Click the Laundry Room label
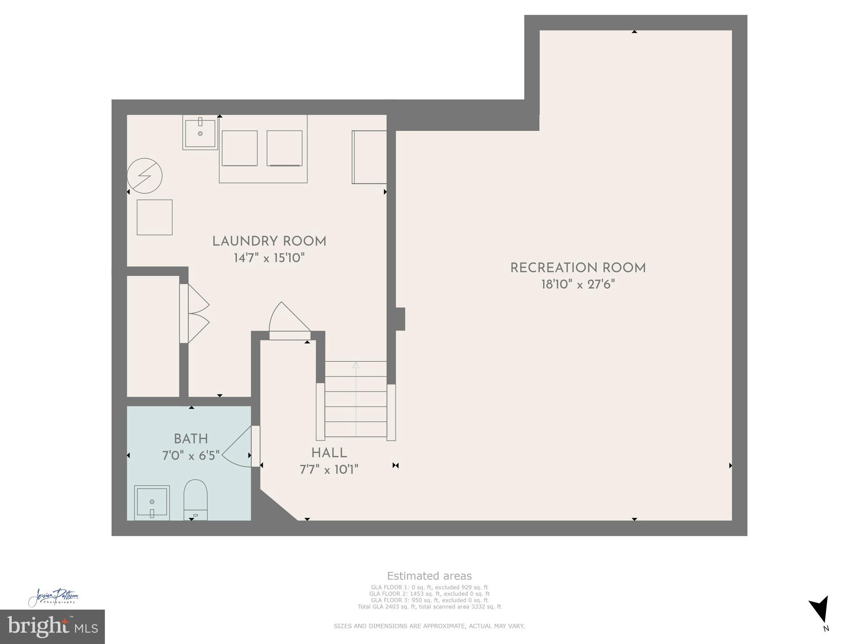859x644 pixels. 269,241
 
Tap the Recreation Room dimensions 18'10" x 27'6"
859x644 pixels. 578,285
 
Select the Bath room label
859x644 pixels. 191,439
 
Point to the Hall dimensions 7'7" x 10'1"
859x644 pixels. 329,470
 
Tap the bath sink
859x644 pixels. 152,502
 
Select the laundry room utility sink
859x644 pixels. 200,132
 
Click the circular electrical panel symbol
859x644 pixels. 145,176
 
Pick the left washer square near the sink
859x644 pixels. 239,148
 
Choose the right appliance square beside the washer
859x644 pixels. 284,148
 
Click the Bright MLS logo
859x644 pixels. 52,626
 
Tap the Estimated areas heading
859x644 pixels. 429,576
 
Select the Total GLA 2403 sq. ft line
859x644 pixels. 429,607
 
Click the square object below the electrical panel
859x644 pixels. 154,217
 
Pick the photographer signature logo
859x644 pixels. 54,597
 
